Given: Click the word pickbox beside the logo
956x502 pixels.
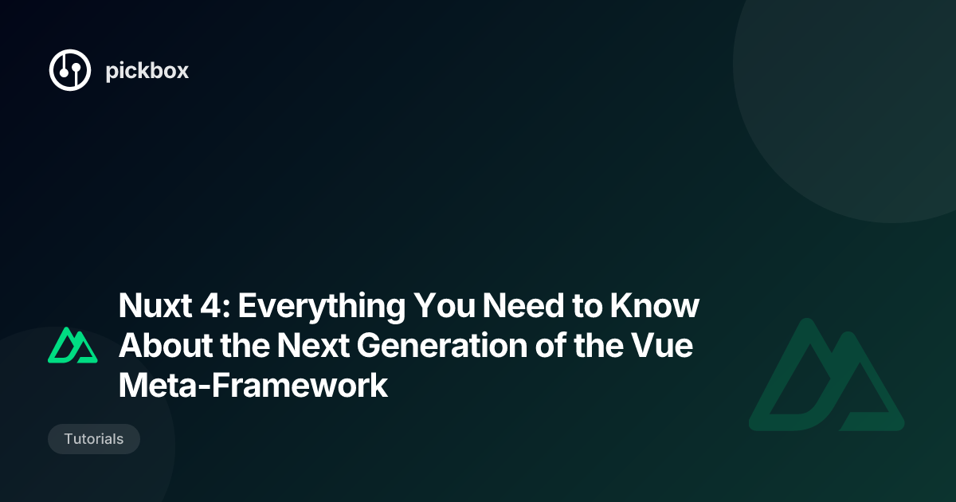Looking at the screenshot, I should pos(147,71).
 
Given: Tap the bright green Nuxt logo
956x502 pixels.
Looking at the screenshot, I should pos(72,345).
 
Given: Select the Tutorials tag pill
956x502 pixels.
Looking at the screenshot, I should pos(94,439).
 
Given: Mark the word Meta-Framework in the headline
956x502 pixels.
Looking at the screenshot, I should pos(253,387).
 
